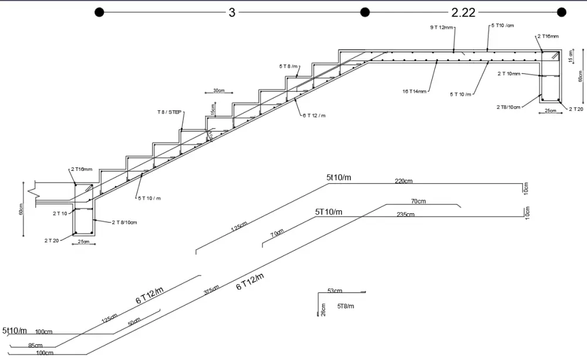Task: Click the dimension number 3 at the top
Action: pos(232,13)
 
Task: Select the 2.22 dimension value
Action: pos(463,13)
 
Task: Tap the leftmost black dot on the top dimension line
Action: pos(99,12)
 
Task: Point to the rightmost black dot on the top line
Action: pos(561,12)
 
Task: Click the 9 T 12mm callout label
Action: pos(441,28)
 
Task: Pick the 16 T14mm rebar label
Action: pos(414,91)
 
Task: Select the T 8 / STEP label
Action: pos(169,112)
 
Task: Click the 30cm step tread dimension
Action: pos(219,90)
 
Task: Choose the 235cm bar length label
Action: pos(406,214)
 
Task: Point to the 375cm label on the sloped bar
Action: pos(212,290)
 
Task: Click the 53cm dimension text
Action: pos(335,291)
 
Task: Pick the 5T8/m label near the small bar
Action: pos(346,306)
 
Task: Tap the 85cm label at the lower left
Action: pos(35,345)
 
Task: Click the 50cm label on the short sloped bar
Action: pos(134,322)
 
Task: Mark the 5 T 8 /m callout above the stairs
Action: pos(288,66)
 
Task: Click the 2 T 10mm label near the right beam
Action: pos(509,73)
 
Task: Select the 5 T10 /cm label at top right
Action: pos(502,26)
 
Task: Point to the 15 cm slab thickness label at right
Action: pos(571,56)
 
